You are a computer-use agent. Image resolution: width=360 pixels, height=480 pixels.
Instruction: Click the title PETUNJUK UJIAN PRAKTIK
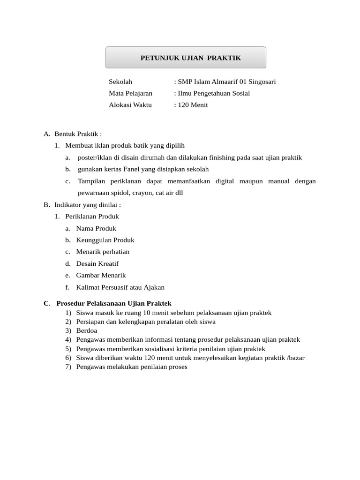click(191, 58)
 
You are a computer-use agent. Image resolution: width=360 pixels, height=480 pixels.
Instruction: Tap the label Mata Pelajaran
click(130, 93)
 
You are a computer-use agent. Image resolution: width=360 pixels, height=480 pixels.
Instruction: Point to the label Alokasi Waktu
click(130, 105)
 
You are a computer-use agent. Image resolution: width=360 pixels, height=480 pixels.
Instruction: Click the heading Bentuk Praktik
click(78, 134)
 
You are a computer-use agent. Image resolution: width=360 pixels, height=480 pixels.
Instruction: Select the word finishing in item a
click(228, 157)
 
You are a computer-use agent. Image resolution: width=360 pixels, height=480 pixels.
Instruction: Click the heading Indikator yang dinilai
click(88, 205)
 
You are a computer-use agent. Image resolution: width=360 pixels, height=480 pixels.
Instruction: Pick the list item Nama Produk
click(96, 228)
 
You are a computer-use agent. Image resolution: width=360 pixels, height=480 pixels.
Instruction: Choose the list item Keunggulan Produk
click(105, 240)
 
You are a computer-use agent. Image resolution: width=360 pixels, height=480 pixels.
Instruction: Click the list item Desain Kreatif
click(97, 263)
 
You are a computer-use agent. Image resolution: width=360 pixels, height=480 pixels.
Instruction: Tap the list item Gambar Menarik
click(101, 275)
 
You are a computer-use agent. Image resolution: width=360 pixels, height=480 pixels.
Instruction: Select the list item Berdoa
click(87, 330)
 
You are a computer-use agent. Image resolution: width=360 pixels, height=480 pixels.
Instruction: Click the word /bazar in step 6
click(295, 358)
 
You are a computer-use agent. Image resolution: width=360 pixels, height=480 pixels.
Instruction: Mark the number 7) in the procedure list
click(68, 367)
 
